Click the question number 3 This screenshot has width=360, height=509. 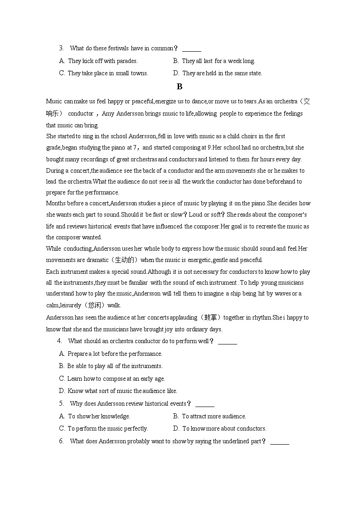tap(61, 48)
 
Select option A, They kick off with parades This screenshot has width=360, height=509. tap(98, 61)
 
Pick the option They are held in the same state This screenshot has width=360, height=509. tap(218, 73)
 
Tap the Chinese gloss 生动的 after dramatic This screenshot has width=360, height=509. tap(125, 260)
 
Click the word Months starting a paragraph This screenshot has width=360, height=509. tap(57, 204)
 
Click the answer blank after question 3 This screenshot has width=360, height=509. tap(191, 49)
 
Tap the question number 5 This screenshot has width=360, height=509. tap(61, 403)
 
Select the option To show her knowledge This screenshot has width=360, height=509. tap(95, 416)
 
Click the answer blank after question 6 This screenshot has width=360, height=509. tap(279, 441)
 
